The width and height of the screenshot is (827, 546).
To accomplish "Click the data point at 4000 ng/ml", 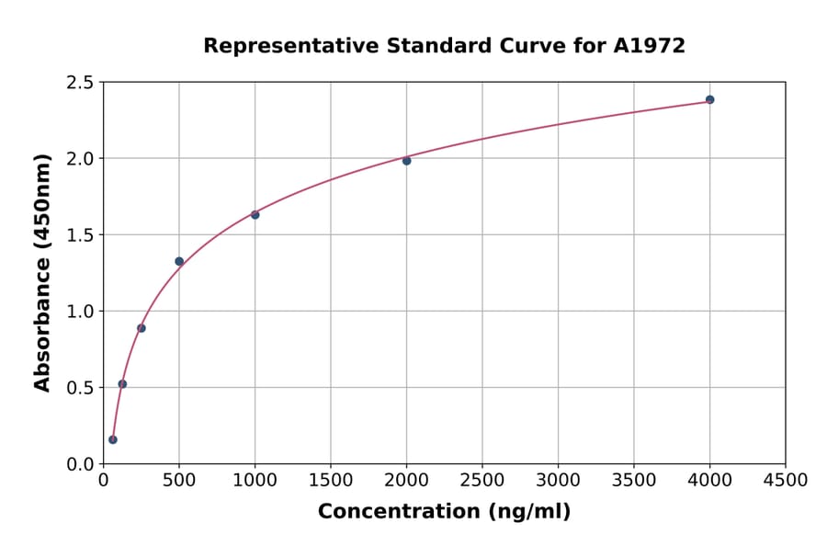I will coord(709,99).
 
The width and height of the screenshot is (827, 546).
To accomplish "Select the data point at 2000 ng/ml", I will coord(406,161).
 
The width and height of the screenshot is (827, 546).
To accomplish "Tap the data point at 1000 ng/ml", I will coord(255,215).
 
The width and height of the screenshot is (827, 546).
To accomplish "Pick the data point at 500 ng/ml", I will coord(179,261).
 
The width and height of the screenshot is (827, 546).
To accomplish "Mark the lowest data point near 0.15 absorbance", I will coord(113,439).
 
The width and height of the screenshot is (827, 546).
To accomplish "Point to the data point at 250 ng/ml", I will coord(142,328).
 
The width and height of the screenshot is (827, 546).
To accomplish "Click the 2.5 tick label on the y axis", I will coord(80,83).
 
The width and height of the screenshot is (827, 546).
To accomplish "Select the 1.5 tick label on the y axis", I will coord(80,235).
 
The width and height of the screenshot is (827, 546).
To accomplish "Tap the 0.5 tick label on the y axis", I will coord(80,388).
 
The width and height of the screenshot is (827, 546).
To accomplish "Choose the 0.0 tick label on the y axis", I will coord(80,464).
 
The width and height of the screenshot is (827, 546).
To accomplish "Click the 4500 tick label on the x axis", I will coord(785,481).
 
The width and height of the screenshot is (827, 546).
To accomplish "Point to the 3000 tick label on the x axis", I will coord(558,481).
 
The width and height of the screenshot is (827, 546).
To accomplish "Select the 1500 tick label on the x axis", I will coord(331,481).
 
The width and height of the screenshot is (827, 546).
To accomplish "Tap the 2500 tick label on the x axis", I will coord(482,481).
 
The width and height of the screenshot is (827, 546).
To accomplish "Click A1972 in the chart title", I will coord(649,46).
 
